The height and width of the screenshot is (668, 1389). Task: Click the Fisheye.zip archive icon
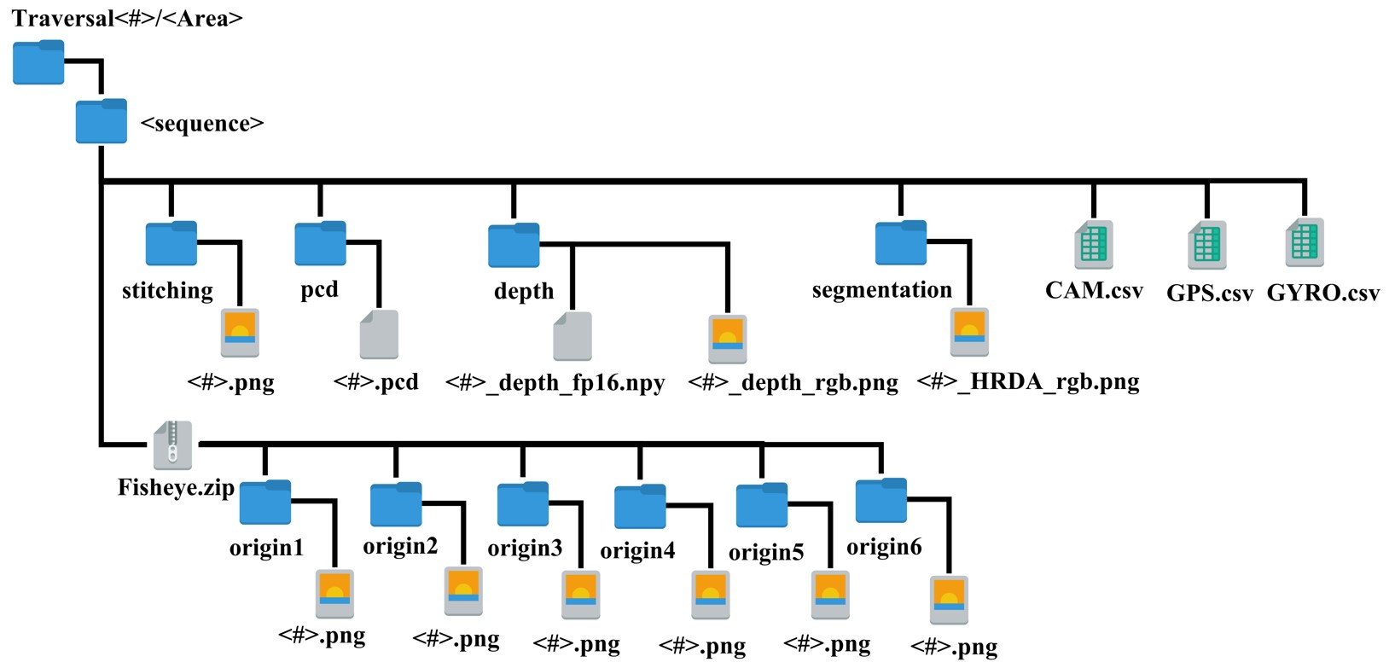tap(173, 445)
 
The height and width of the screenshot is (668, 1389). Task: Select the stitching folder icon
tap(171, 244)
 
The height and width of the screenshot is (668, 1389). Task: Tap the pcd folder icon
tap(320, 244)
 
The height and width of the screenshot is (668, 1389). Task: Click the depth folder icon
tap(514, 246)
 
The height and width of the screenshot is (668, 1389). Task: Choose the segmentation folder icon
tap(901, 243)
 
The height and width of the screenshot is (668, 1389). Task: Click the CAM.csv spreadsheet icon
tap(1094, 244)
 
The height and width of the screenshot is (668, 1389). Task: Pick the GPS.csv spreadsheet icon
tap(1206, 245)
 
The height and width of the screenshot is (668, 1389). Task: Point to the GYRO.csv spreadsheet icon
tap(1305, 243)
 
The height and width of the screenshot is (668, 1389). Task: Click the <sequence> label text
tap(202, 124)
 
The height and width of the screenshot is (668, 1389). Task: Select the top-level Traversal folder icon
tap(38, 62)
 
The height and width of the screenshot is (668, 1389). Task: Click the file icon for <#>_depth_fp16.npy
tap(572, 336)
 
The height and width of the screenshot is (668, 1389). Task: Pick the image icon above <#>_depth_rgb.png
tap(728, 340)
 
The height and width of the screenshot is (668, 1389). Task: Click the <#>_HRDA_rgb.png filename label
tap(1028, 381)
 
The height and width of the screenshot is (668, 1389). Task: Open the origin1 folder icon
tap(265, 502)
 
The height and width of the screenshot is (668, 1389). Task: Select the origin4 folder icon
tap(640, 507)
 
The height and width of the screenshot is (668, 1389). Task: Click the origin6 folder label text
tap(884, 547)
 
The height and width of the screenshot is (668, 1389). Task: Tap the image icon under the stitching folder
tap(240, 333)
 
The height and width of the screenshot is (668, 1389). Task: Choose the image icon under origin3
tap(581, 595)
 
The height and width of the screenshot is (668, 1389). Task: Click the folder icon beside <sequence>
tap(102, 121)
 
